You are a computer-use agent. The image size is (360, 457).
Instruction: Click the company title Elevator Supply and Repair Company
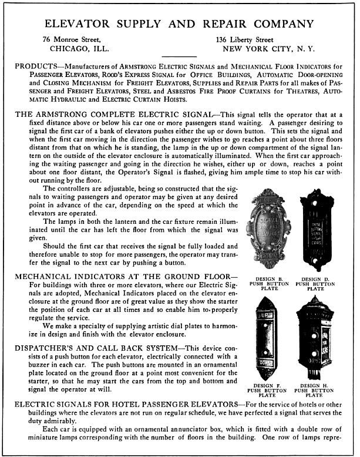[179, 24]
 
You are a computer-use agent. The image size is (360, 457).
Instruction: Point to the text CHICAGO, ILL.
[80, 48]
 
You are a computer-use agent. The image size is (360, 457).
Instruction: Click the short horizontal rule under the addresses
[179, 57]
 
